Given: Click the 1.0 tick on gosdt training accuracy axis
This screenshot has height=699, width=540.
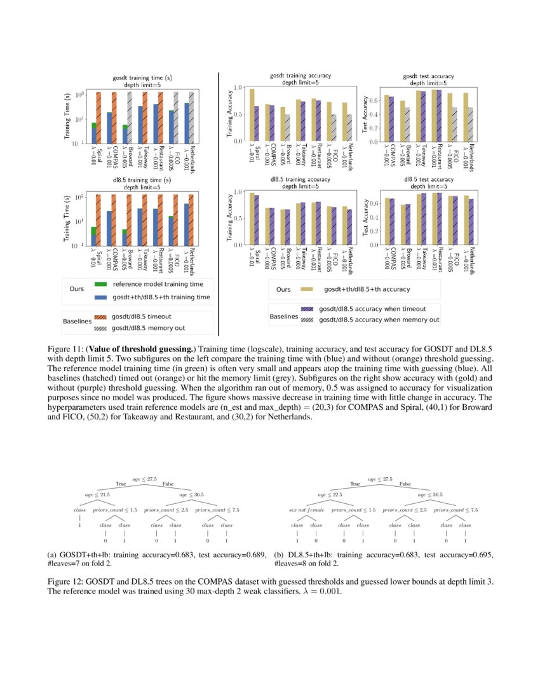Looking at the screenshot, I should [x=240, y=87].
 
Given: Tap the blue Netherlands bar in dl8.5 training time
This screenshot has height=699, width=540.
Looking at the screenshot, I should [x=186, y=224].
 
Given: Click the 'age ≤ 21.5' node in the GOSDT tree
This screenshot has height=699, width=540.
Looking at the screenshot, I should [x=97, y=494].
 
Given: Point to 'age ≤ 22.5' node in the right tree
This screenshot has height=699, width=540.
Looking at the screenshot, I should [x=330, y=494].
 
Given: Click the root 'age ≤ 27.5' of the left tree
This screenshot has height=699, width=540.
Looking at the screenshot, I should [x=144, y=478].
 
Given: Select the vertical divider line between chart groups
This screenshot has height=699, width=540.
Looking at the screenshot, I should [x=219, y=203].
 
